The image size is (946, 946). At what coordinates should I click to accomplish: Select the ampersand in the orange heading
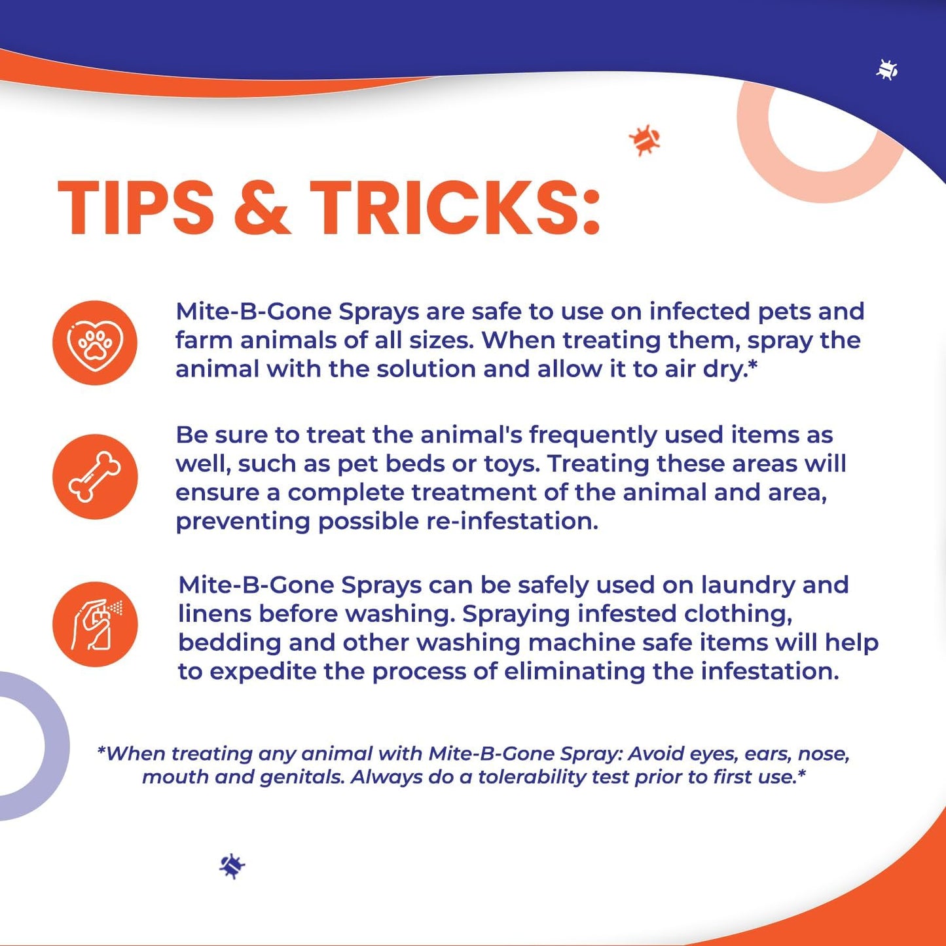[x=261, y=207]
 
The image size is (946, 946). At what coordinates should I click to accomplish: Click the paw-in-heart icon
[x=95, y=342]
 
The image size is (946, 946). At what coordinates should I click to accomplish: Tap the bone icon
[x=95, y=477]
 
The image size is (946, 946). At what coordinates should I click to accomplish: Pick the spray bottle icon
[x=95, y=624]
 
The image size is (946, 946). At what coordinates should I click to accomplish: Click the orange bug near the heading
[x=645, y=140]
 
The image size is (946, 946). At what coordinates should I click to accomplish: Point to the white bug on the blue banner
[x=887, y=69]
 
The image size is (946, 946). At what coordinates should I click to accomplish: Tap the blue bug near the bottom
[x=232, y=865]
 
